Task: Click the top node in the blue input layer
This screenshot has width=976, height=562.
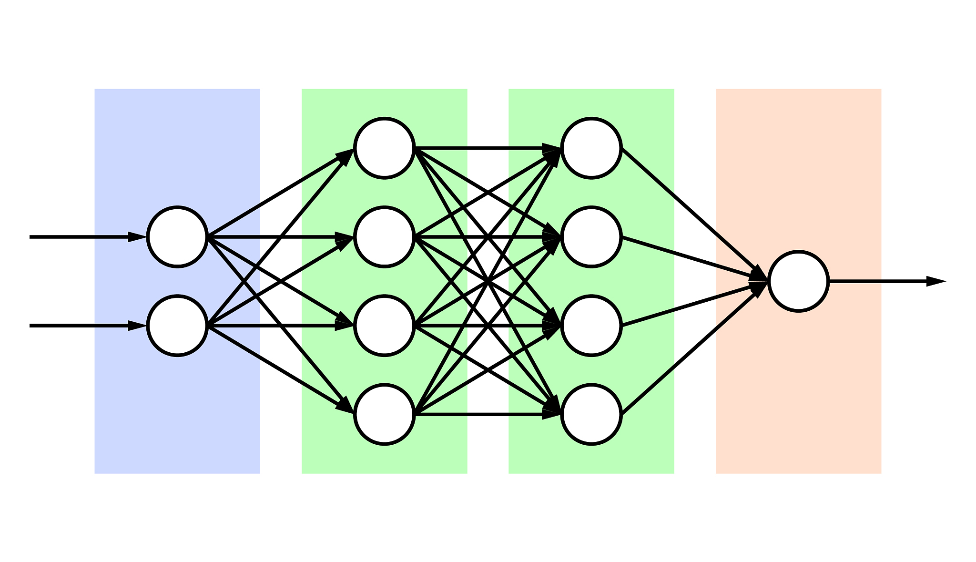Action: [177, 237]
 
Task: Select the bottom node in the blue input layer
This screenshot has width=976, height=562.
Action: [177, 326]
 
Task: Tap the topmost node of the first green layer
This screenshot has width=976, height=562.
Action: [384, 148]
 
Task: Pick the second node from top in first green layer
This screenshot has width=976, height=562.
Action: [384, 237]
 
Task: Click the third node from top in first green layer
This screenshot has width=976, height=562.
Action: [384, 326]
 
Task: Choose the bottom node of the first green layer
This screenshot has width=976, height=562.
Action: [384, 415]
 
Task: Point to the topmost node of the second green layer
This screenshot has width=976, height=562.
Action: [591, 148]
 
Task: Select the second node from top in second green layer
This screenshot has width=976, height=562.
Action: [591, 237]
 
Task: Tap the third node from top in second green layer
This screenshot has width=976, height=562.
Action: [591, 326]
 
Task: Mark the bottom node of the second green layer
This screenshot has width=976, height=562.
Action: [591, 415]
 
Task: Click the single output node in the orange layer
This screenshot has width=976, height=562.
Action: [798, 281]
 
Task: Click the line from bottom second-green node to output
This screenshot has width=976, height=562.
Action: [691, 352]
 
